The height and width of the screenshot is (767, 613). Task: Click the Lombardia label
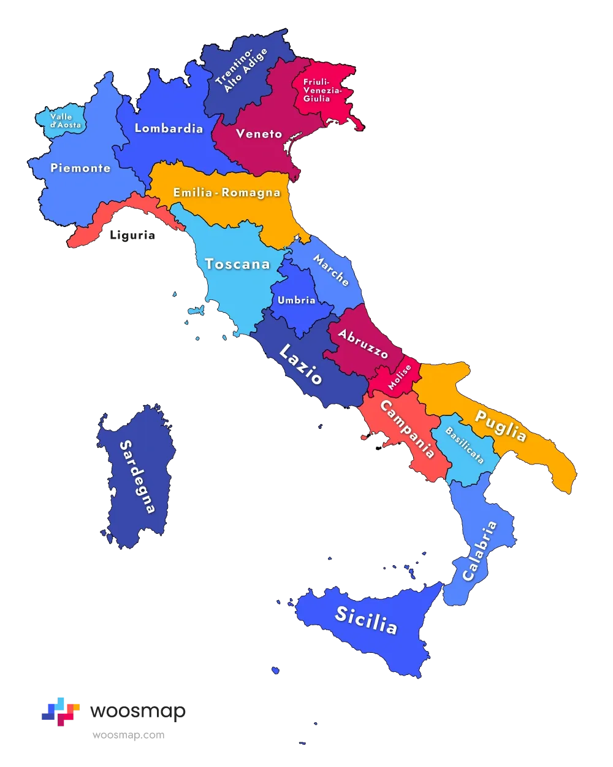169,128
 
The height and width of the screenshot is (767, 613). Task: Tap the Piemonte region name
80,168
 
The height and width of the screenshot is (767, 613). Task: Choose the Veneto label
259,134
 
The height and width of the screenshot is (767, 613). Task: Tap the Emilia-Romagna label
226,193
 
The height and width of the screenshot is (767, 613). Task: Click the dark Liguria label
132,235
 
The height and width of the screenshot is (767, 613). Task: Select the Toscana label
237,264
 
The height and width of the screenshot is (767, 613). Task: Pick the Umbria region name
296,300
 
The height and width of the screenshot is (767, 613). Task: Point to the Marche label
331,271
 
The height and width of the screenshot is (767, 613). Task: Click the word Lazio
300,364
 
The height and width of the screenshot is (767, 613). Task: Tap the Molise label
400,377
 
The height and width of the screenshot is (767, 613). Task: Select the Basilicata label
464,445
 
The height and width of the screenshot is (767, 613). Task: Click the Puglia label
501,426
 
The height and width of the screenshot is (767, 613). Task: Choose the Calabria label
479,551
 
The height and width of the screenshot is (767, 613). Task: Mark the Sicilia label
366,620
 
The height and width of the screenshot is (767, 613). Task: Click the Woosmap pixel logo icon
61,711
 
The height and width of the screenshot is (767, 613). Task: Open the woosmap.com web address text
128,735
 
